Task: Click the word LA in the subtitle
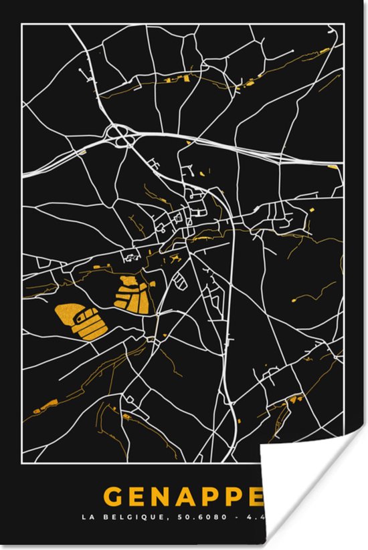[86, 517]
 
